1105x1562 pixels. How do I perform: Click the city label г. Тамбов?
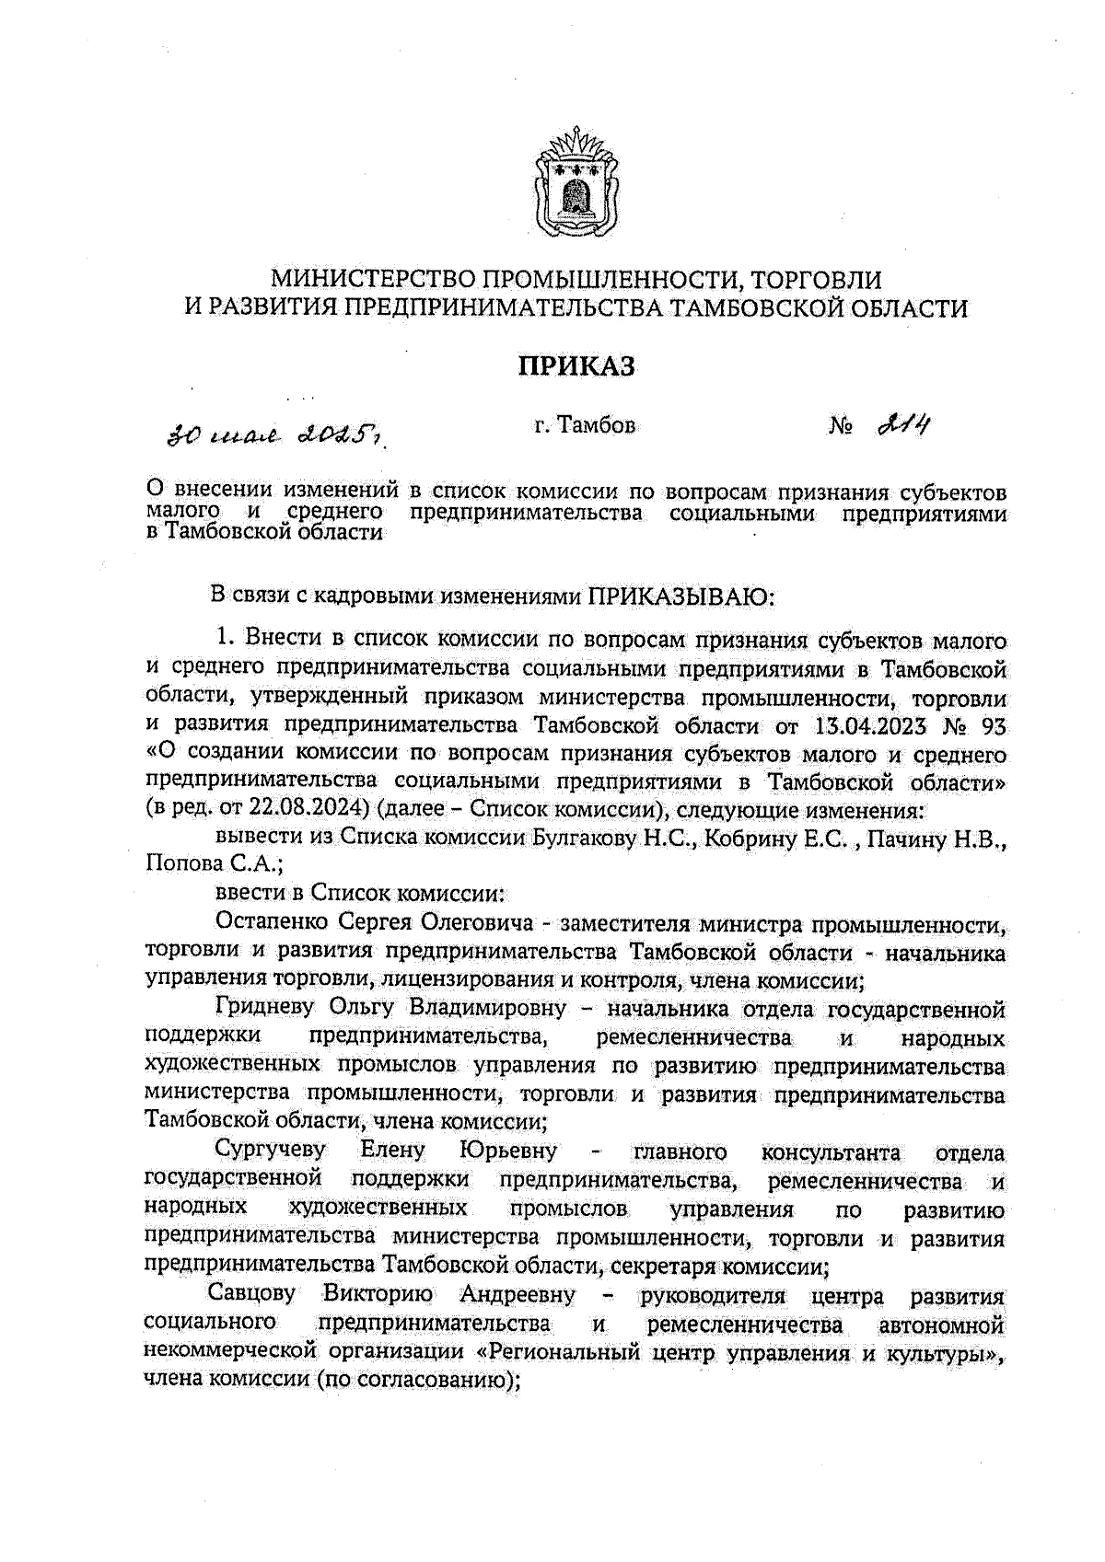tap(584, 426)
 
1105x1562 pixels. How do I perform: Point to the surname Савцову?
tap(252, 1295)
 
